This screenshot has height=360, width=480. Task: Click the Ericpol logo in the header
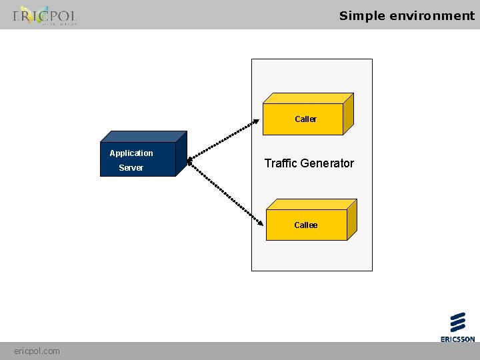click(44, 15)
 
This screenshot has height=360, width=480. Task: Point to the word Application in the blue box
click(131, 153)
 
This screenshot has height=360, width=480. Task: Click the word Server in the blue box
click(131, 168)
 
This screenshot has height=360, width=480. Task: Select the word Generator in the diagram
click(328, 163)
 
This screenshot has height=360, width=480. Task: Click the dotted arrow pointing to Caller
click(223, 139)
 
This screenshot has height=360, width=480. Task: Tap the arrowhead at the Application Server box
click(189, 160)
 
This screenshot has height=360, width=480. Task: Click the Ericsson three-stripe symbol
click(457, 322)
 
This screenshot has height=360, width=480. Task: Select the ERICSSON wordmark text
click(457, 339)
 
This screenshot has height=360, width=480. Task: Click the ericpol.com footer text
click(37, 351)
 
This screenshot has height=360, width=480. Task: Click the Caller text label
click(305, 119)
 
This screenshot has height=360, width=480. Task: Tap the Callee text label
click(306, 225)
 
